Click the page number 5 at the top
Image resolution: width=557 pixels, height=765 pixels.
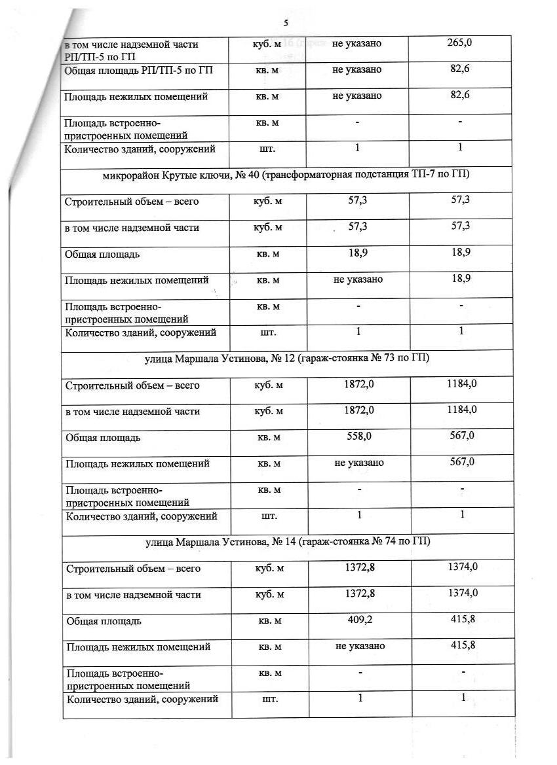pyautogui.click(x=286, y=24)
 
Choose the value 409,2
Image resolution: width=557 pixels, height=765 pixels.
pyautogui.click(x=359, y=620)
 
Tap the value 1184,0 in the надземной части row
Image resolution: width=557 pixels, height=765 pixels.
pyautogui.click(x=462, y=410)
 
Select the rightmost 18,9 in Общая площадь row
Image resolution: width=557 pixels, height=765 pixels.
pyautogui.click(x=461, y=253)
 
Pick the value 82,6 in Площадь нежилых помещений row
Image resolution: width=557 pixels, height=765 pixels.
pyautogui.click(x=461, y=96)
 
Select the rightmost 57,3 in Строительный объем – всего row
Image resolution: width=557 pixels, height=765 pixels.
pyautogui.click(x=461, y=200)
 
